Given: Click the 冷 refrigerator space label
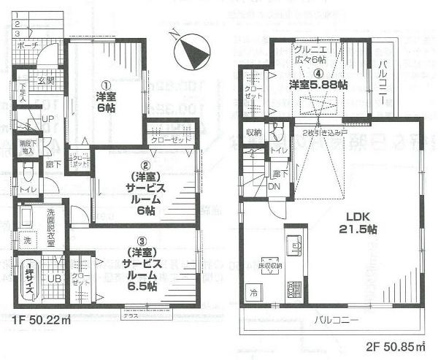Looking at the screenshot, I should [x=253, y=294].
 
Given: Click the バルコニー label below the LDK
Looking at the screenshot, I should [x=336, y=320].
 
